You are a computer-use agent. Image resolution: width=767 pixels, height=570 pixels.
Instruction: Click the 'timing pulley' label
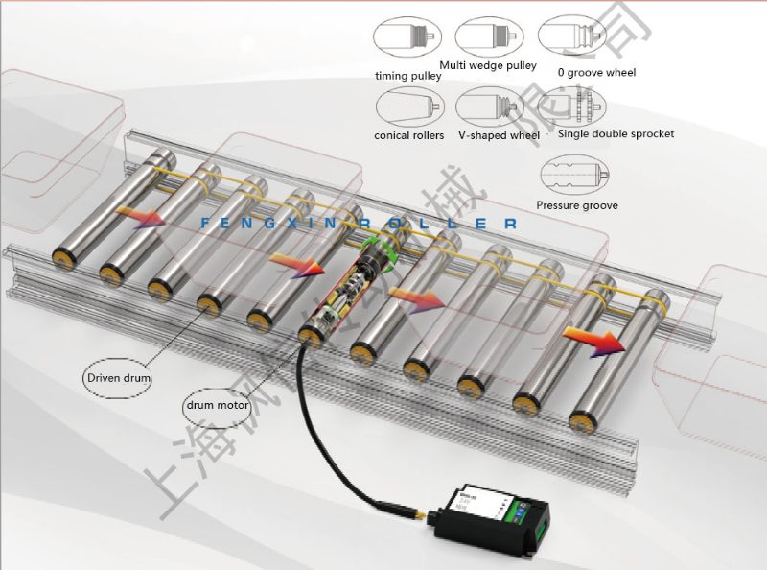[407, 75]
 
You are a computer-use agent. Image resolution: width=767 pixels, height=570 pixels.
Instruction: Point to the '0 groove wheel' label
[596, 72]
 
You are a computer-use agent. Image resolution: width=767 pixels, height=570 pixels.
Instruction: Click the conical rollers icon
[409, 105]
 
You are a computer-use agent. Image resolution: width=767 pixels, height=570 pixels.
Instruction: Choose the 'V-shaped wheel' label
[499, 135]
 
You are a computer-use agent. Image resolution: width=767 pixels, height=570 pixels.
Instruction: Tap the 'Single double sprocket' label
[616, 133]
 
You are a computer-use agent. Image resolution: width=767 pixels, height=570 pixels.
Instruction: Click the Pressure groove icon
[574, 176]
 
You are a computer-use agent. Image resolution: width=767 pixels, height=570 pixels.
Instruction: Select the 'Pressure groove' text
[577, 205]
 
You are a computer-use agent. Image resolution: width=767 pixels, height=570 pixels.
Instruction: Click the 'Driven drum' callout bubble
[120, 378]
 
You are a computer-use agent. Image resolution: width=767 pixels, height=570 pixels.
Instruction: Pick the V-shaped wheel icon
[490, 106]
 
